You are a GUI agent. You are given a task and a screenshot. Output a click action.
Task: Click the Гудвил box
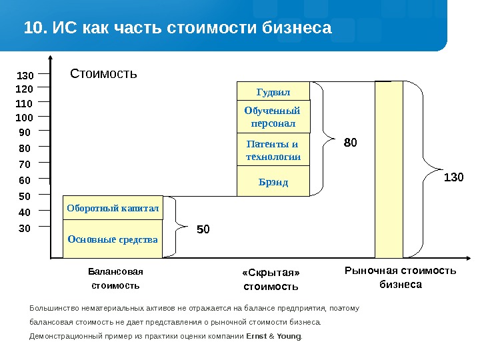(x=273, y=91)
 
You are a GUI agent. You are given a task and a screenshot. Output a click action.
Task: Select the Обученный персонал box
(x=273, y=117)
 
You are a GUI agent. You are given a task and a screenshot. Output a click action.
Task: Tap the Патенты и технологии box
(x=273, y=151)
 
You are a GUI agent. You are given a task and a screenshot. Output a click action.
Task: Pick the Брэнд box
(x=273, y=181)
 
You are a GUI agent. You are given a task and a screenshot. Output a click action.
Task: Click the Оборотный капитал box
(x=113, y=208)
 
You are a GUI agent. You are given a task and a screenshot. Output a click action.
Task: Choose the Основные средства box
(x=113, y=239)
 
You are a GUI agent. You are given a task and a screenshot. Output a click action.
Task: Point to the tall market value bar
(x=389, y=169)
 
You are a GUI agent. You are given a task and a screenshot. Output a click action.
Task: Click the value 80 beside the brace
(x=351, y=142)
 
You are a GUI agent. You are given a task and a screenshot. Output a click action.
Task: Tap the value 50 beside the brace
(x=203, y=230)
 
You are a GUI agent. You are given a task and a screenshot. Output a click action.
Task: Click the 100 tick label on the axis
(x=24, y=118)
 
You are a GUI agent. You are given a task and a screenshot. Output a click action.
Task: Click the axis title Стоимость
(x=103, y=73)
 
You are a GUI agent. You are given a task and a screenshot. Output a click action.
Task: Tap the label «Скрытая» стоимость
(x=271, y=279)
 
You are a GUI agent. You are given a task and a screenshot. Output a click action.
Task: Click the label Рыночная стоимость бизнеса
(x=400, y=277)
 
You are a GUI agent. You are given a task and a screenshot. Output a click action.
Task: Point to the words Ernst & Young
(x=273, y=336)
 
